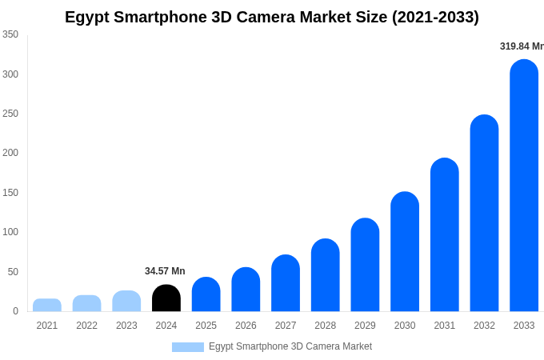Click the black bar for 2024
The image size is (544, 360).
point(166,298)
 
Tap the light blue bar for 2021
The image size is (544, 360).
point(47,305)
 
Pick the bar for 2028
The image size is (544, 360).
point(326,275)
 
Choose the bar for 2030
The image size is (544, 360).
point(405,252)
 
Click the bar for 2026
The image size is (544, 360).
point(246,290)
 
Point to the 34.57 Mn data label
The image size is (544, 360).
point(165,271)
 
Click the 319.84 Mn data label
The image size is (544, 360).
point(521,46)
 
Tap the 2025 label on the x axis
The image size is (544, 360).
point(206,326)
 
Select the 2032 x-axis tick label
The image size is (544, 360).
point(484,326)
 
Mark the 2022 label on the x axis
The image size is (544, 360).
point(87,326)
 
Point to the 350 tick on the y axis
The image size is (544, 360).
point(10,34)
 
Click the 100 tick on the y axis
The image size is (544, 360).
point(10,232)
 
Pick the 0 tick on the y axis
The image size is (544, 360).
point(15,311)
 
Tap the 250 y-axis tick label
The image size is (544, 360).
point(10,114)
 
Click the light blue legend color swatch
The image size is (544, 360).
point(188,347)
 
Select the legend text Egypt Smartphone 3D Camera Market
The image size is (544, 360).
point(290,346)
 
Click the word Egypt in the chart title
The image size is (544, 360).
point(88,17)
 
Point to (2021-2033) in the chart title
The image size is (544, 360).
point(435,17)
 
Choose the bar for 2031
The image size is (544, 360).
point(445,235)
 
